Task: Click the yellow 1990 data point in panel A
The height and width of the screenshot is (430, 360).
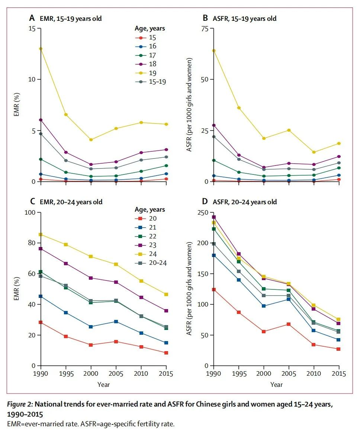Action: [x=41, y=49]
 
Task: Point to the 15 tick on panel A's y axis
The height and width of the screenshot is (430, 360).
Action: [x=33, y=29]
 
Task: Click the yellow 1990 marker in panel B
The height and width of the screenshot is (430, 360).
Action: [x=214, y=51]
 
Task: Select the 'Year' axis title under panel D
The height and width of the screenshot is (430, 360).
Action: [x=276, y=385]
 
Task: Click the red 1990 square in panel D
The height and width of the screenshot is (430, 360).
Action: [x=214, y=289]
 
